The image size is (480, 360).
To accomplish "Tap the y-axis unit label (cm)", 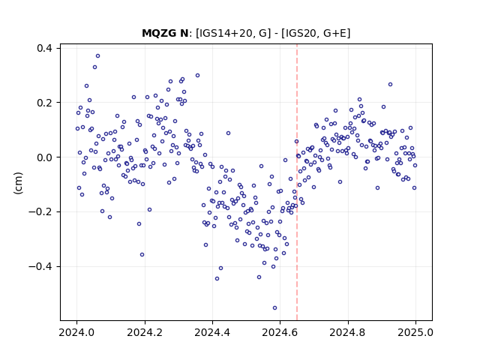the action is click(x=18, y=183).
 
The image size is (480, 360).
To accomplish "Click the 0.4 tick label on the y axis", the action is click(x=44, y=48).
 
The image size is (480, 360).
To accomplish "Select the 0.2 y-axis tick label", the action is click(x=44, y=103).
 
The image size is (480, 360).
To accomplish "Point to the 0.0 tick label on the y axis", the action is click(x=44, y=157).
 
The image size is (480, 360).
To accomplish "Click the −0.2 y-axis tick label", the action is click(x=40, y=211).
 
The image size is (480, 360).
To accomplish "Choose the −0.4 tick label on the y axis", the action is click(x=40, y=267).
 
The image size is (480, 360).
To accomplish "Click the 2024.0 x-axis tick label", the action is click(x=76, y=332).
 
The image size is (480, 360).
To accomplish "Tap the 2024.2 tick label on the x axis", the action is click(x=145, y=332).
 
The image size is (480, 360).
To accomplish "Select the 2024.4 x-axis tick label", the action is click(x=212, y=332).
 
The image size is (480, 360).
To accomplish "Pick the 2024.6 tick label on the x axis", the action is click(x=280, y=332).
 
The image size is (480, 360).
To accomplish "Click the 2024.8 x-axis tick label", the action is click(x=348, y=332).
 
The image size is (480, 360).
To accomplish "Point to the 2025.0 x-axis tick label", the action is click(x=415, y=332).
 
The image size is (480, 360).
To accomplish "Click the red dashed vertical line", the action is click(x=297, y=182).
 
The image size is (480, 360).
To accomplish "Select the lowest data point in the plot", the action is click(x=275, y=308).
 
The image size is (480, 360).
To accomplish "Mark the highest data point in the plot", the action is click(x=98, y=56).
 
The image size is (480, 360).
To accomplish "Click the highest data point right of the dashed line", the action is click(x=390, y=85).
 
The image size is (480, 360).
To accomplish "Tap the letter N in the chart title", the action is click(x=184, y=33).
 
